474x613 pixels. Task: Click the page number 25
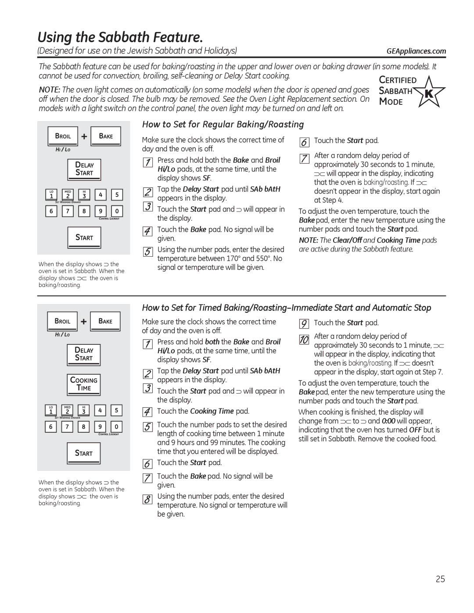(440, 579)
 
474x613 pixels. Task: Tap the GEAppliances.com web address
(416, 51)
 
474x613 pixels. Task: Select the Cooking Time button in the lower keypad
(84, 384)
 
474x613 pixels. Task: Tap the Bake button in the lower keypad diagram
(105, 321)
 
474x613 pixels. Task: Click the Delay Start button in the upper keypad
(84, 169)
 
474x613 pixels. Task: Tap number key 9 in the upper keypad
(101, 211)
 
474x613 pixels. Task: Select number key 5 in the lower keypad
(116, 410)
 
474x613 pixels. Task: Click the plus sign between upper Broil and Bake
(84, 136)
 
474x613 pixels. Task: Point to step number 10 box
(304, 340)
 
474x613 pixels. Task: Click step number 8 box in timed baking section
(148, 499)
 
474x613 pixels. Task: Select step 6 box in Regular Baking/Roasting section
(304, 142)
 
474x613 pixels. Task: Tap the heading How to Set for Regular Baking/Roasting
(223, 125)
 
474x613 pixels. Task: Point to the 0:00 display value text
(388, 421)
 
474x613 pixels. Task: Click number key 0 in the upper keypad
(117, 211)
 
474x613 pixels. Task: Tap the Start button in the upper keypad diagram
(84, 237)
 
